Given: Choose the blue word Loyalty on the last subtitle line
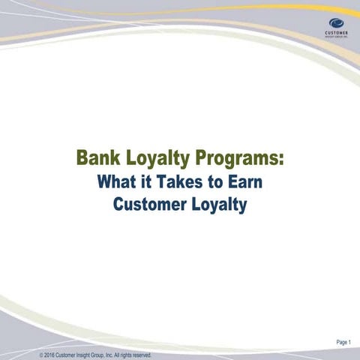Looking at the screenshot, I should (x=219, y=203).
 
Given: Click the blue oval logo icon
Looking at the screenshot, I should (x=336, y=22).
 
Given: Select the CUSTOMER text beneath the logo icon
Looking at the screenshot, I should (x=336, y=33).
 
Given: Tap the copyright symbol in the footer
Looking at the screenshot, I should (x=41, y=355).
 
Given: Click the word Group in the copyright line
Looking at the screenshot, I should (x=102, y=355).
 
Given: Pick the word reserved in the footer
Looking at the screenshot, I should (x=142, y=355).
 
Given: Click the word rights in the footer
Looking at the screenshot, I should (x=125, y=355).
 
